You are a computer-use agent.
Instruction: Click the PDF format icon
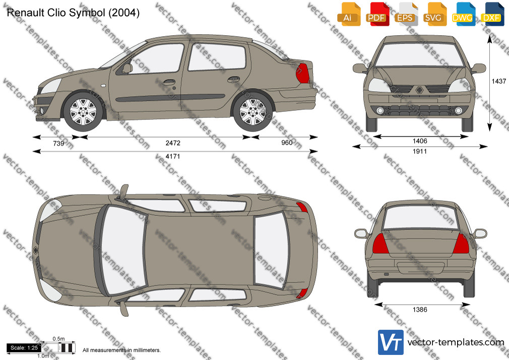(x=377, y=14)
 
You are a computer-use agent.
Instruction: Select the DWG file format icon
(x=463, y=14)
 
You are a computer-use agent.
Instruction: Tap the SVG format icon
(x=434, y=14)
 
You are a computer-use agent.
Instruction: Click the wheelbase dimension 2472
(x=173, y=143)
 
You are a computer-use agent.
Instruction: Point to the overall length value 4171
(x=173, y=156)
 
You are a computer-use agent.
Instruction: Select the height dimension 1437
(x=499, y=81)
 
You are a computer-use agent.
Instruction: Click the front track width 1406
(x=420, y=141)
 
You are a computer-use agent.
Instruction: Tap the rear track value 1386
(x=420, y=310)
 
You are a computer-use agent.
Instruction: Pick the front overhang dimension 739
(x=58, y=143)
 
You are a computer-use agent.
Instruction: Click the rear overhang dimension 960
(x=287, y=143)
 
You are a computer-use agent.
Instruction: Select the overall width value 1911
(x=420, y=151)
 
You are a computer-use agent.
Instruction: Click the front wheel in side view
(x=83, y=111)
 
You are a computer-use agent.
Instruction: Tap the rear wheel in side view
(x=253, y=111)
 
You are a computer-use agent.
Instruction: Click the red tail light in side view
(x=302, y=73)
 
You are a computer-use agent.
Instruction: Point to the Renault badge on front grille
(x=419, y=90)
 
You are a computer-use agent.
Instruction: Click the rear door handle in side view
(x=234, y=79)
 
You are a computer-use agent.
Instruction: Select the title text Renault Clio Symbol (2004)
(x=73, y=13)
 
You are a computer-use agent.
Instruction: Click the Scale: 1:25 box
(x=24, y=348)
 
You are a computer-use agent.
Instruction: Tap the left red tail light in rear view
(x=380, y=244)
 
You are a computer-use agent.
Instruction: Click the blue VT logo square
(x=391, y=342)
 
